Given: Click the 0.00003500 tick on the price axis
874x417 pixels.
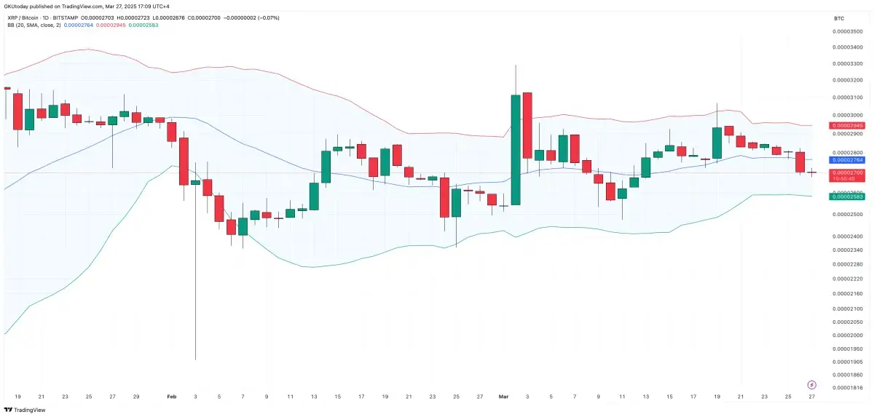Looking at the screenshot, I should coord(847,31).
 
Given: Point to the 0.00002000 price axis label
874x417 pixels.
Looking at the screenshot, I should coord(847,335).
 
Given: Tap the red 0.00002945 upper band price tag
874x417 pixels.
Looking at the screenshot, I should coord(847,126).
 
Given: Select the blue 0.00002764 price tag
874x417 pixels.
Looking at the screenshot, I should coord(847,159).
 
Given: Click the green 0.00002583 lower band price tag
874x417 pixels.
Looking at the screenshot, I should coord(847,196).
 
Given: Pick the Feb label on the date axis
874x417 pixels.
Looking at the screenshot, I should coord(172,397).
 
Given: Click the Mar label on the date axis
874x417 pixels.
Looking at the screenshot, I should coord(503,397).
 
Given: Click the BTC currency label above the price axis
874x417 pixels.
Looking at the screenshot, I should coord(838,17).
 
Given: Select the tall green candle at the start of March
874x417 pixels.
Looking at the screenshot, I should coord(515,149).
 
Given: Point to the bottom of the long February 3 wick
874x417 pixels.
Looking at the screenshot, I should coord(195,358).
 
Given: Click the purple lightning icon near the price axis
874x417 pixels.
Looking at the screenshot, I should coord(811,384).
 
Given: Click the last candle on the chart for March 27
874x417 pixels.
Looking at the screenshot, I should coord(812,172).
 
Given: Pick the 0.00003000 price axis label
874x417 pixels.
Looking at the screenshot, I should coord(847,116).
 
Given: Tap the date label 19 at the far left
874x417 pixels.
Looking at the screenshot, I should coord(17,397).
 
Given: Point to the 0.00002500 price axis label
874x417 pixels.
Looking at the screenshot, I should coord(847,215).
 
